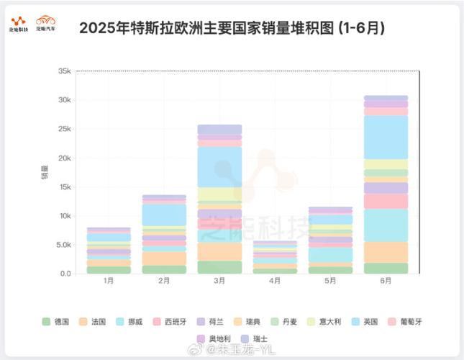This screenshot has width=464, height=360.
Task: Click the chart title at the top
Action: (232, 28)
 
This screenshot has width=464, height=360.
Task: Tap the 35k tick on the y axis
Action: (64, 71)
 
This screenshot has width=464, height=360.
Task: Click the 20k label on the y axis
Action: (64, 158)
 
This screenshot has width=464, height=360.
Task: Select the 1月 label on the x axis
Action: (109, 281)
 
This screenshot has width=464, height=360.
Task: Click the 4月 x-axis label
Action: (274, 281)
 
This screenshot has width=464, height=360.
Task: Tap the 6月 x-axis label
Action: (385, 281)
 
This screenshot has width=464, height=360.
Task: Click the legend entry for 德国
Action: (55, 320)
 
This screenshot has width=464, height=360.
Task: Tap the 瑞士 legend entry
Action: (255, 338)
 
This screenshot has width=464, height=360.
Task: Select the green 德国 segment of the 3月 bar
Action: (219, 267)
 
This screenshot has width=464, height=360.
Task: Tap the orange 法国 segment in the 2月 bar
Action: (164, 258)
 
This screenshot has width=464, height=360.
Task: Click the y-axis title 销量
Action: (45, 172)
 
